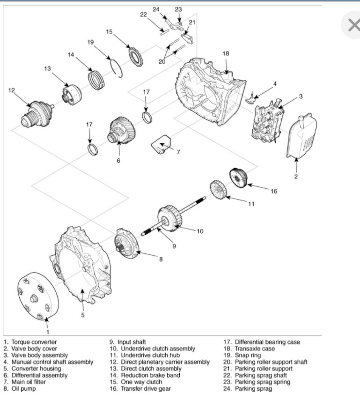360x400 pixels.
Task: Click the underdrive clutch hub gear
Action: [218, 191]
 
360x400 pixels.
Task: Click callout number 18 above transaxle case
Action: [226, 54]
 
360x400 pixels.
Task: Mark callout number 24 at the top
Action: [156, 9]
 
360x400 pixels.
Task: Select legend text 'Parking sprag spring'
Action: [261, 382]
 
